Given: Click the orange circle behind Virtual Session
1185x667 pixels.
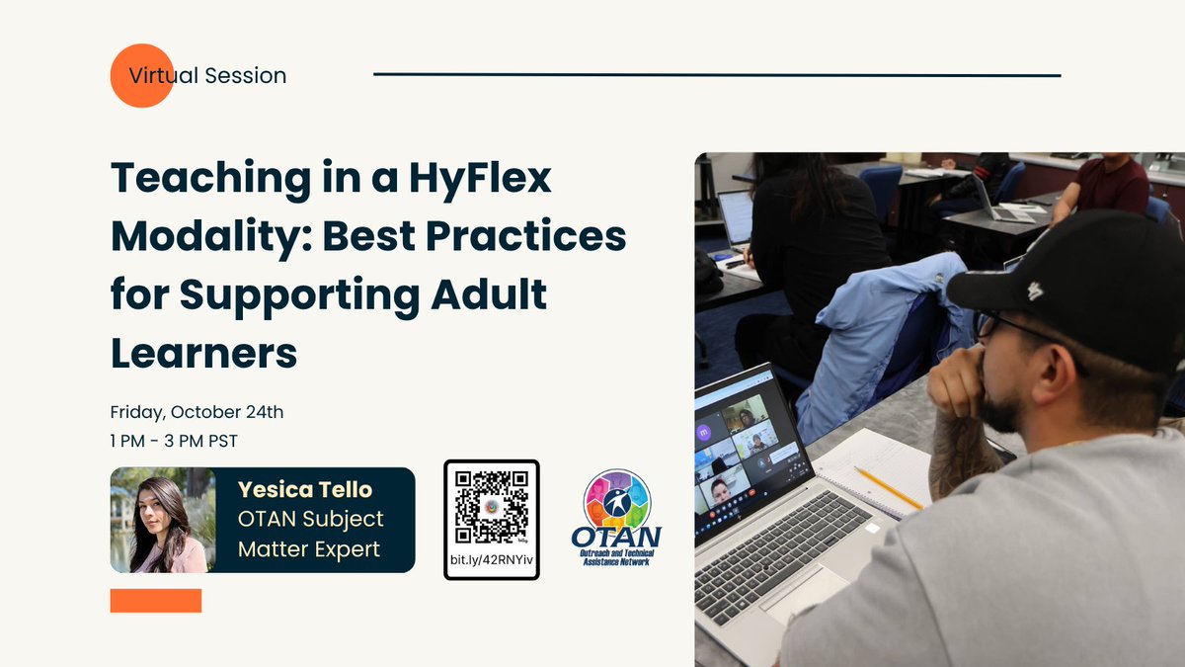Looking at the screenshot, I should [x=142, y=75].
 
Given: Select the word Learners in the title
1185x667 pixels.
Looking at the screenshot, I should [x=203, y=353].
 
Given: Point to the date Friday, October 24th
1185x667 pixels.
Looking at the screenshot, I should [x=197, y=412].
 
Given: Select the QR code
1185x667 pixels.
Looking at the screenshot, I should [x=491, y=507].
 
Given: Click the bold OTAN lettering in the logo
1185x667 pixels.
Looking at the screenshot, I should [x=616, y=538].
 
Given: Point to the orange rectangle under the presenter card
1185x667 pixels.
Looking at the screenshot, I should [x=156, y=601].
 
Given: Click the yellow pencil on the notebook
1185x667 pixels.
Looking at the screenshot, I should [x=888, y=488].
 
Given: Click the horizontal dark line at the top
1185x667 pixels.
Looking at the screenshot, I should [x=716, y=75].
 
